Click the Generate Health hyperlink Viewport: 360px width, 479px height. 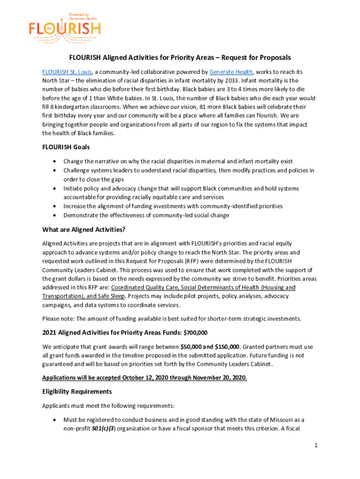(231, 72)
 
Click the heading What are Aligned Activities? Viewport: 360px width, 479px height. (84, 229)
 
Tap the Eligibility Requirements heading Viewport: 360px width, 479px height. (77, 392)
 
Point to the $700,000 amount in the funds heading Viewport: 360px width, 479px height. (194, 333)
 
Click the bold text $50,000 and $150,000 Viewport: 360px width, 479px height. (210, 347)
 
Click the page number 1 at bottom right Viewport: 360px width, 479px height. (316, 445)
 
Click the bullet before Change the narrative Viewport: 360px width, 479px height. (55, 161)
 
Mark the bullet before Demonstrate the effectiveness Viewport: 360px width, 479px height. (55, 216)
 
